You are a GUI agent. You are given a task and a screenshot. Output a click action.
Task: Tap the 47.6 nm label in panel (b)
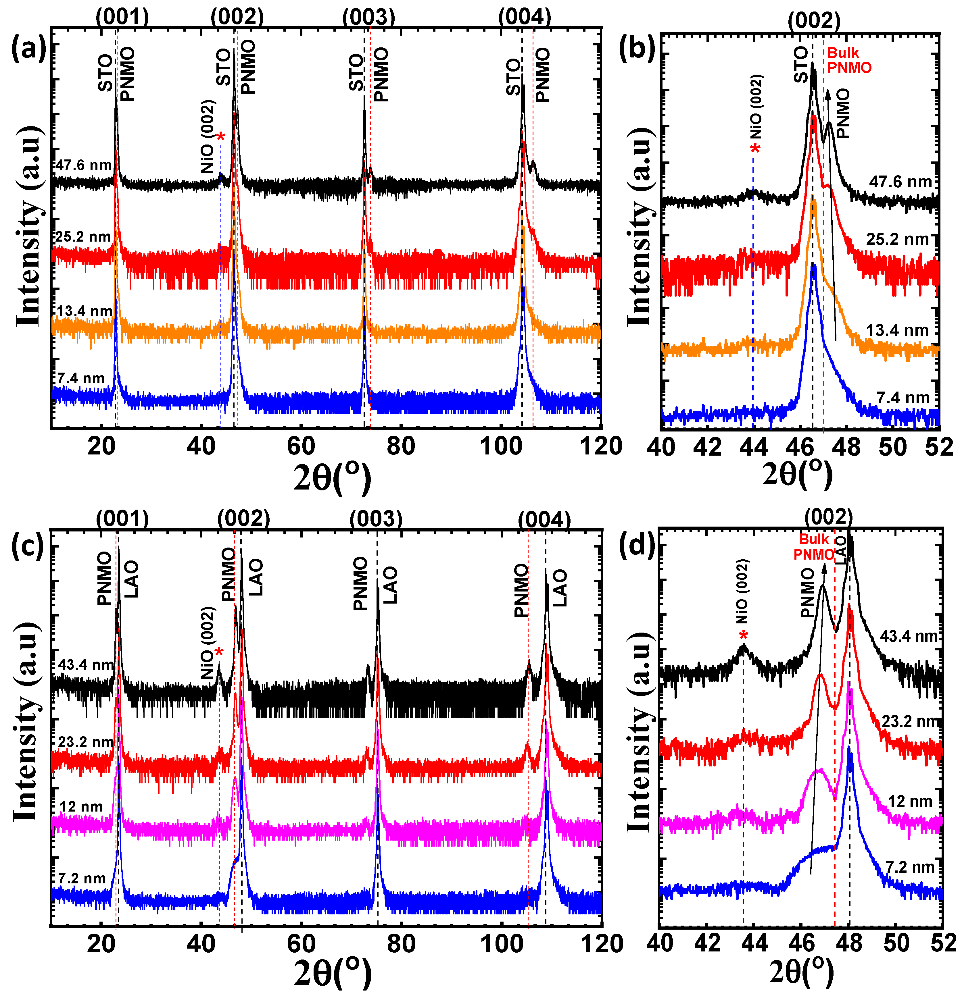click(900, 182)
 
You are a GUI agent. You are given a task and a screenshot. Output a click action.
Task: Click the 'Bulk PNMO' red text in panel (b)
click(849, 60)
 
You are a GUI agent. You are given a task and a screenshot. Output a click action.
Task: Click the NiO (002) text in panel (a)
click(208, 136)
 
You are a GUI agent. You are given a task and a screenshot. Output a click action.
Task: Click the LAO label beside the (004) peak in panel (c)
click(560, 588)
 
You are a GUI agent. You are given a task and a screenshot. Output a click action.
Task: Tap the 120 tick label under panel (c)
click(601, 943)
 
